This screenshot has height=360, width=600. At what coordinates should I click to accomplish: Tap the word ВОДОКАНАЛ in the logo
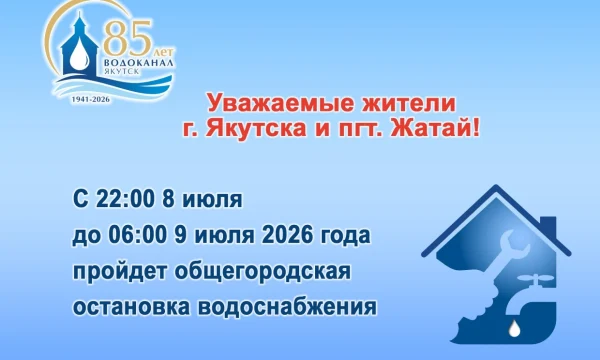(x=139, y=62)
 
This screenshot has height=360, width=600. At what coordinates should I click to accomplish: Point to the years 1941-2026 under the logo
(x=91, y=99)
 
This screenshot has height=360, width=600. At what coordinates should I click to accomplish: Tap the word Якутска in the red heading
(x=256, y=129)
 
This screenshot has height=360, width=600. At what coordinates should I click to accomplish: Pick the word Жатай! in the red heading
(x=434, y=129)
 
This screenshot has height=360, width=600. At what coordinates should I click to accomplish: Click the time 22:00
(x=126, y=199)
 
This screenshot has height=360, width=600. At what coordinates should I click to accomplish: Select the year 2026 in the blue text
(x=287, y=235)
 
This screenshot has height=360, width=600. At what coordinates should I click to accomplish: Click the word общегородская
(x=262, y=272)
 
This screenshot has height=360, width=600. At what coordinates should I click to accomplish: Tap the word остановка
(x=131, y=307)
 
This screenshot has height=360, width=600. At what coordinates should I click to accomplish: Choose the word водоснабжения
(x=287, y=307)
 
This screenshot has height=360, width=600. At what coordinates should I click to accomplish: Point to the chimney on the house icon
(x=548, y=226)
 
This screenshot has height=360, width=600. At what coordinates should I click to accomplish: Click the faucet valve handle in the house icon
(x=536, y=278)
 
